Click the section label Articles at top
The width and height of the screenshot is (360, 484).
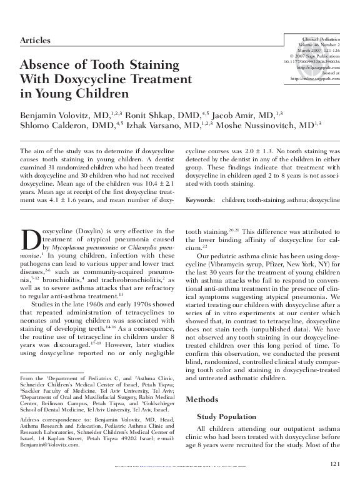[36, 40]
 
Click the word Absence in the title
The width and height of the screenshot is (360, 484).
[51, 65]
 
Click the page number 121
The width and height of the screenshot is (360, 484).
[333, 463]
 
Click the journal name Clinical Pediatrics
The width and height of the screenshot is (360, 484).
[321, 39]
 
